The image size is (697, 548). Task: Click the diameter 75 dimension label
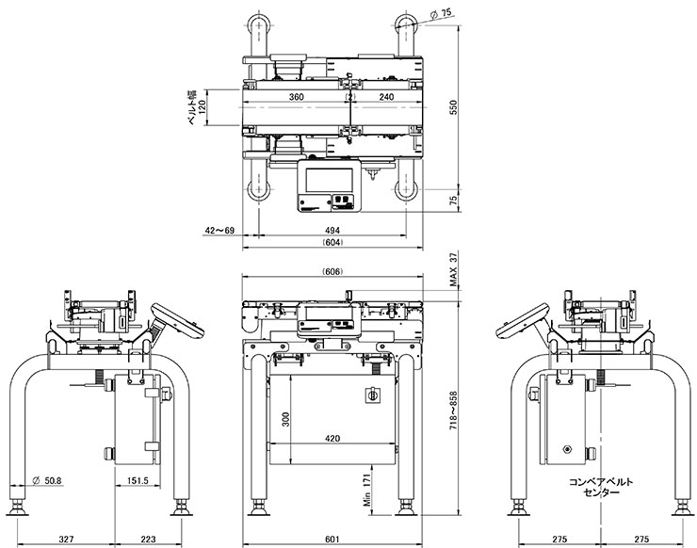443,14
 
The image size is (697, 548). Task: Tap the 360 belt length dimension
296,97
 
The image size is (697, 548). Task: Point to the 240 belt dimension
386,97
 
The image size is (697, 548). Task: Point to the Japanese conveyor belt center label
602,486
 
